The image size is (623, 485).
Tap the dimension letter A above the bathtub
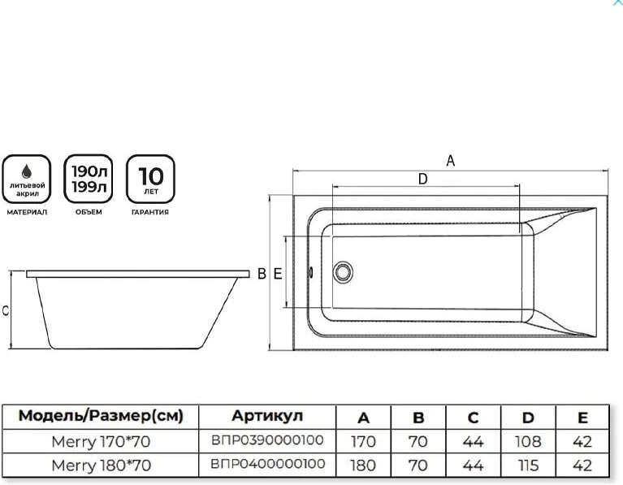[451, 161]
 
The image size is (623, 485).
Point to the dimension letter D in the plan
[422, 180]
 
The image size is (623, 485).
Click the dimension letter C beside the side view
[6, 310]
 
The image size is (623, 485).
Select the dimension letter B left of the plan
[262, 275]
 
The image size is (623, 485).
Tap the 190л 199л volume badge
[89, 179]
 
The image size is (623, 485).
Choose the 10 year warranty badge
[150, 179]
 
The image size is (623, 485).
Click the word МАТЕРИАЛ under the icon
[28, 212]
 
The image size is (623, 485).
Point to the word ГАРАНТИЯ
[150, 212]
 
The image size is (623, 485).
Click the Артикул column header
[267, 417]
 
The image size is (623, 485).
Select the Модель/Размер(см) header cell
[101, 417]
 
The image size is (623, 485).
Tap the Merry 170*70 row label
[101, 441]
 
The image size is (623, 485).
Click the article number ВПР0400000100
[267, 465]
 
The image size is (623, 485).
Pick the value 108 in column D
[528, 442]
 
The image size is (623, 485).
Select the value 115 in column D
[528, 466]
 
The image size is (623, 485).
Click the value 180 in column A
[363, 466]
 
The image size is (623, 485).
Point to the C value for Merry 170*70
[473, 442]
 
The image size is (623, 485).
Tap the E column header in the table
[582, 418]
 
